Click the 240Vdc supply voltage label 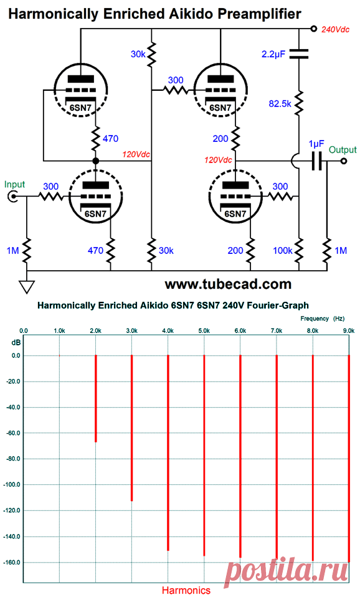[x=335, y=29]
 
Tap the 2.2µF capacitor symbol [x=299, y=54]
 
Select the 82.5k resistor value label [x=280, y=103]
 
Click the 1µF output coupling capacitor [x=316, y=161]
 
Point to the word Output [x=343, y=150]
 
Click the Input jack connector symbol [x=13, y=196]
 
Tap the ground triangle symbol [x=27, y=286]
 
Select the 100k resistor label [x=283, y=250]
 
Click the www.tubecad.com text [x=228, y=284]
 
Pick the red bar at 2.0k [x=96, y=398]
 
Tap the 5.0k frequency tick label [x=204, y=331]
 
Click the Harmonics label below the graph [x=186, y=589]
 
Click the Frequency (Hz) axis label [x=323, y=319]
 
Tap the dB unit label [x=16, y=343]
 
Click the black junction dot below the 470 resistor [x=96, y=161]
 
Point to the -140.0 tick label [x=12, y=536]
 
